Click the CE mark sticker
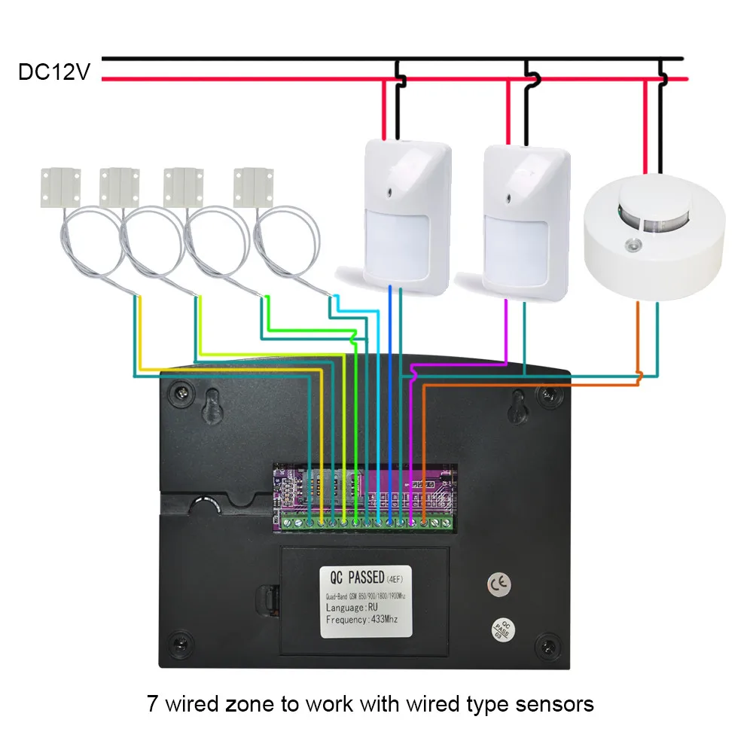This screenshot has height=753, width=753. pos(497,584)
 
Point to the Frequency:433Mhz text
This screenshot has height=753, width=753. pos(361,620)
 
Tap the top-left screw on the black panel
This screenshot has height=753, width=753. pos(181,392)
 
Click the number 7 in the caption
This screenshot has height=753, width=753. pos(152,704)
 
